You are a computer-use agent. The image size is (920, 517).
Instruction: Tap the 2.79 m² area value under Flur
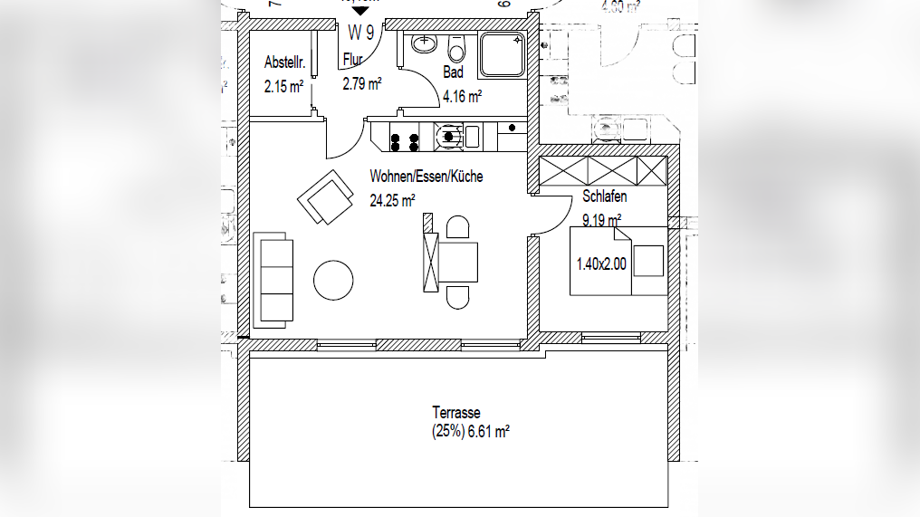tap(361, 84)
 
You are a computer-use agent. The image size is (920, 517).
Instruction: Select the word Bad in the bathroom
tap(453, 72)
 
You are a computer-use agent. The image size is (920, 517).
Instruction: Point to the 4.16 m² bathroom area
tap(461, 95)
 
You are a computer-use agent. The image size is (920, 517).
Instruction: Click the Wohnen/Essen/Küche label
tap(426, 177)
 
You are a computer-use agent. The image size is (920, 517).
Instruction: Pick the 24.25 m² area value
tap(392, 200)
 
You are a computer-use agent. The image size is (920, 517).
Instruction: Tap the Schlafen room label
tap(605, 196)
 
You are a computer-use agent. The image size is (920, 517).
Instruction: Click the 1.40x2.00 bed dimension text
tap(601, 264)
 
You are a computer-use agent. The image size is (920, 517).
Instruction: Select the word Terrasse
tap(456, 413)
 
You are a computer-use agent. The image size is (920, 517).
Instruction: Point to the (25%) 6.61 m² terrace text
tap(470, 433)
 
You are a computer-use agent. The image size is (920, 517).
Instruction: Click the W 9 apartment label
tap(361, 33)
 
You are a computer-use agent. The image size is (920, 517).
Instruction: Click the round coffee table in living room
tap(333, 281)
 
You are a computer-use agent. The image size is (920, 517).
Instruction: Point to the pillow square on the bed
tap(647, 261)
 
